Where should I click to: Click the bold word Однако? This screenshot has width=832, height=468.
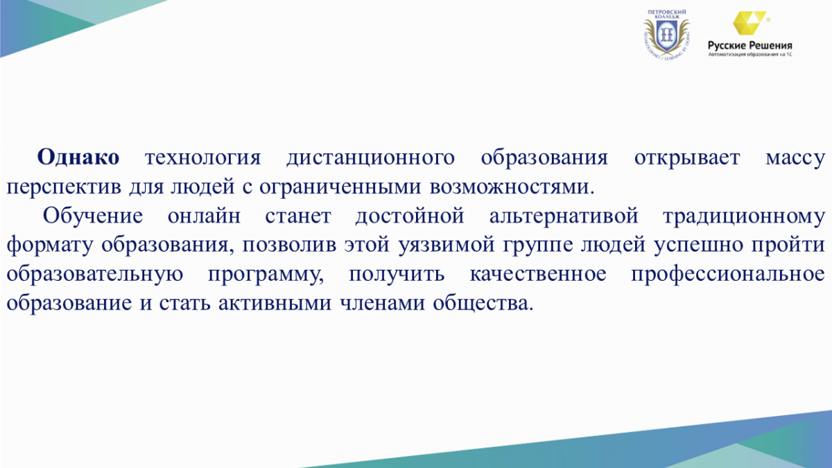(78, 157)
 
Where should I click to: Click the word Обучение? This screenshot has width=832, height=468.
(93, 216)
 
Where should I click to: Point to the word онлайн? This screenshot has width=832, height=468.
(204, 216)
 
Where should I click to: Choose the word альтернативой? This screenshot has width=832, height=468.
(564, 216)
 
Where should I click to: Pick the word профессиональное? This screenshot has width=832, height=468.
(728, 274)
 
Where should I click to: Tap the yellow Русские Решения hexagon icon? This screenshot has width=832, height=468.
(749, 23)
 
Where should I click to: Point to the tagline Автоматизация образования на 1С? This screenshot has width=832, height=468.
(750, 55)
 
